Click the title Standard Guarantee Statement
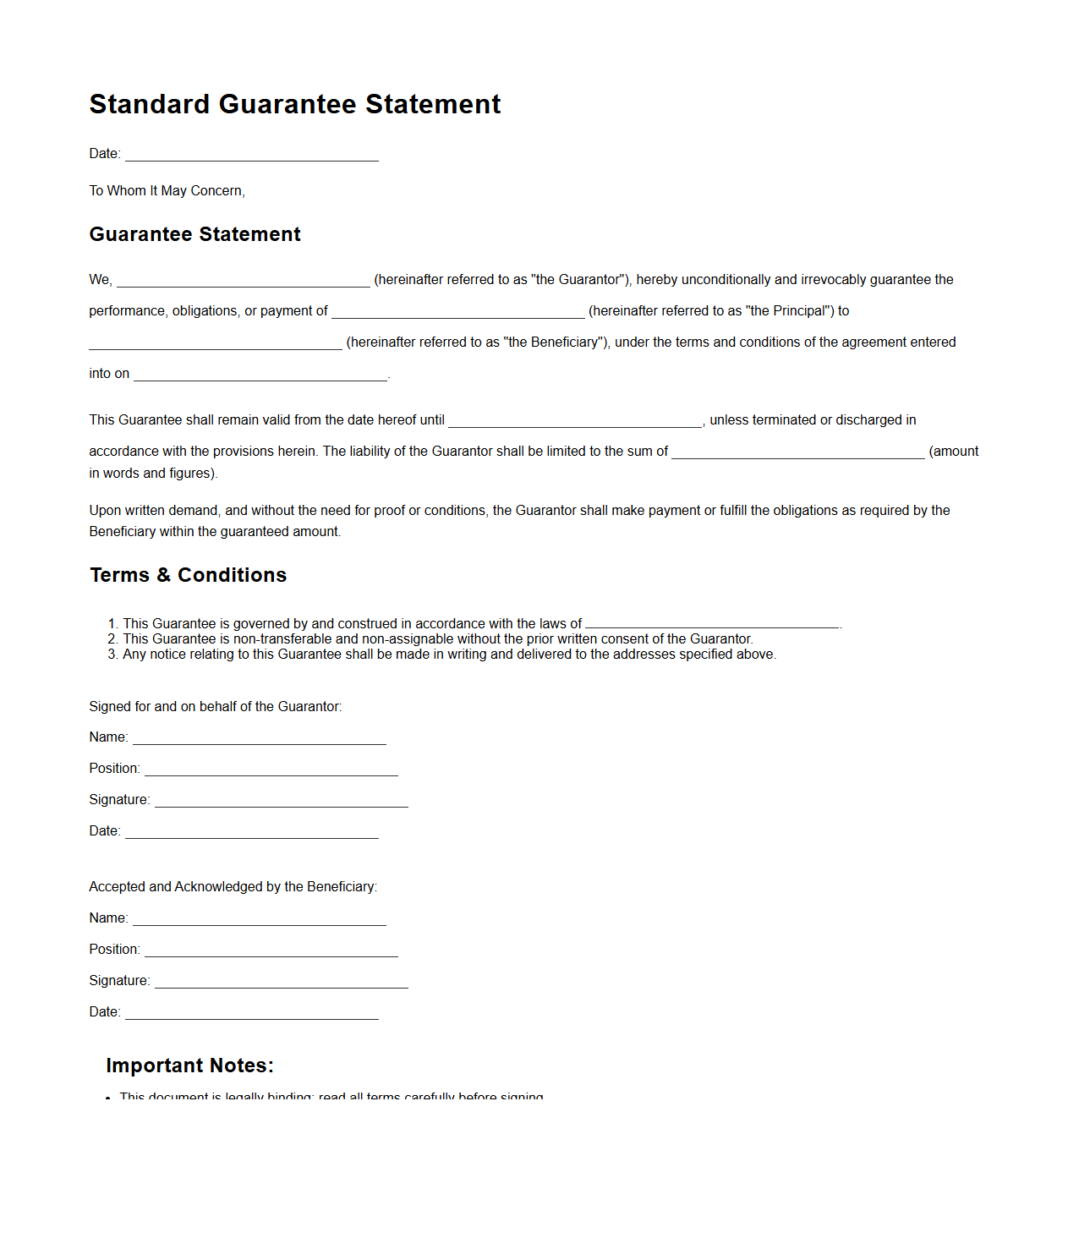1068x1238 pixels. pos(294,104)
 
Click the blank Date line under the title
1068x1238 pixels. pos(251,155)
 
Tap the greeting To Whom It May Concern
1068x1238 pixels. pos(167,191)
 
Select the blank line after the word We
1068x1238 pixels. pos(243,281)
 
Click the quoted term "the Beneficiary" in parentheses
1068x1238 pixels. pos(555,342)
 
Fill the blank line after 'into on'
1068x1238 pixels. pos(260,375)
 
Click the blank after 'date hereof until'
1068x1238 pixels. pos(574,421)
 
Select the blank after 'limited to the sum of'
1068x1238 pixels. pos(797,452)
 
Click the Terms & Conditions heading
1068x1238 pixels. pos(188,575)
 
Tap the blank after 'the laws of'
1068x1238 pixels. pos(711,625)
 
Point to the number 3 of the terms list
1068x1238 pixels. pos(112,655)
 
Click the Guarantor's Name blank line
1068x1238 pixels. pos(259,738)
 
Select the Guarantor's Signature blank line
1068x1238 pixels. pos(281,801)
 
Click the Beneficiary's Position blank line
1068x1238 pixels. pos(271,950)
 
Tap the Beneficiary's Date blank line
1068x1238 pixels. pos(251,1013)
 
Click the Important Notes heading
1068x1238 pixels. pos(189,1065)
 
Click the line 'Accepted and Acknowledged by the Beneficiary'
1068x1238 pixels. pos(233,887)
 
